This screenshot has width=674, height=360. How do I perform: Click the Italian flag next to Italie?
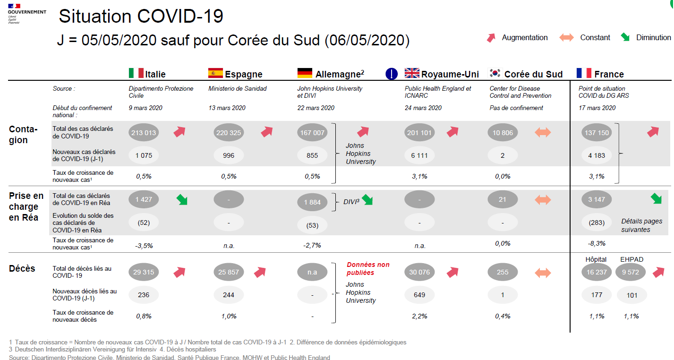point(136,73)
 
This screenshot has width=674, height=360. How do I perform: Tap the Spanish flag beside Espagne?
point(215,73)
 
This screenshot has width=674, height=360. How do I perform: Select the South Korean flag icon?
point(495,73)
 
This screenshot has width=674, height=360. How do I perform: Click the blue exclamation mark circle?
point(392,74)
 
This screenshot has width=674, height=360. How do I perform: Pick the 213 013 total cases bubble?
point(144,133)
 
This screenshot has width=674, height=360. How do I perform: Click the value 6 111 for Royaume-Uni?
point(419,155)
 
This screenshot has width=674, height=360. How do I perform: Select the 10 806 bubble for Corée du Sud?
point(503,133)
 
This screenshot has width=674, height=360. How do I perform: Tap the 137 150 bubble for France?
point(597,133)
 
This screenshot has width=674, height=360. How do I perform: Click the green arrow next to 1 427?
point(181,199)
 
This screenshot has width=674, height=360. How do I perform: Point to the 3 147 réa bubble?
point(597,199)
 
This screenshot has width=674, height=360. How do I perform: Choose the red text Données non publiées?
point(368,268)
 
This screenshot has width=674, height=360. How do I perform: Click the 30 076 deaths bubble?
point(419,272)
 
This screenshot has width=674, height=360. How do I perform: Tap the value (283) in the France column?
point(597,222)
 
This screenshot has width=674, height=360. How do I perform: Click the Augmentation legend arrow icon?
point(492,38)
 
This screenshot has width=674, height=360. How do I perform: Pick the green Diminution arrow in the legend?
point(625,37)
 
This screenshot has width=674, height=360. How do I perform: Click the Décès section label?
point(22,268)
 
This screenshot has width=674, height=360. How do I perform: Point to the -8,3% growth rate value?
point(597,244)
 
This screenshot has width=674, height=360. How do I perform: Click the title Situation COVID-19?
point(141,17)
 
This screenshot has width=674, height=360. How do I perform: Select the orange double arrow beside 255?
point(543,273)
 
